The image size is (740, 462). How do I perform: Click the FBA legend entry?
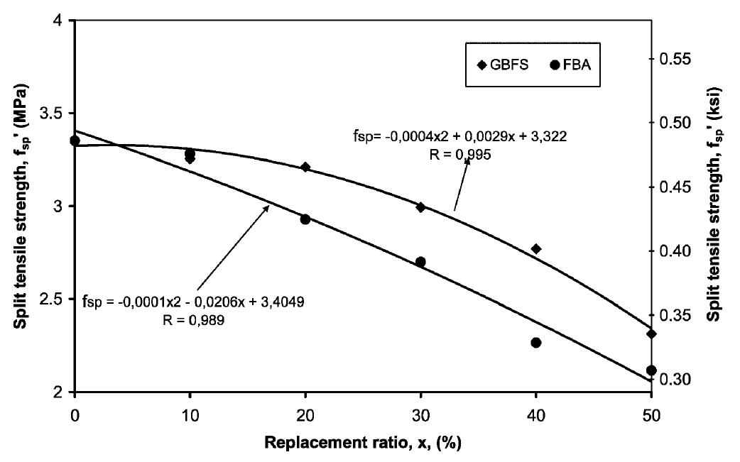(x=575, y=65)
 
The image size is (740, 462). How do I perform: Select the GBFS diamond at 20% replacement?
(x=305, y=167)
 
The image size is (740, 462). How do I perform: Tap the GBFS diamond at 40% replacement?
(x=536, y=249)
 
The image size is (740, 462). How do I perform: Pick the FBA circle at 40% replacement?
(x=536, y=343)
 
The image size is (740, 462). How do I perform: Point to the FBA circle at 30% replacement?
(x=420, y=262)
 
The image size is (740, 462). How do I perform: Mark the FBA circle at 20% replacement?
(x=305, y=219)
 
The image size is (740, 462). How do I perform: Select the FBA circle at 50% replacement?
(x=651, y=370)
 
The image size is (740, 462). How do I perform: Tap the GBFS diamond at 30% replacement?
(x=420, y=207)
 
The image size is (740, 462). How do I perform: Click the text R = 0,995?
(x=459, y=153)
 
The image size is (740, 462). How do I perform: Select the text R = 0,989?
(x=194, y=319)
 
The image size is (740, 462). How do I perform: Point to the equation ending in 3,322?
(x=459, y=136)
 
